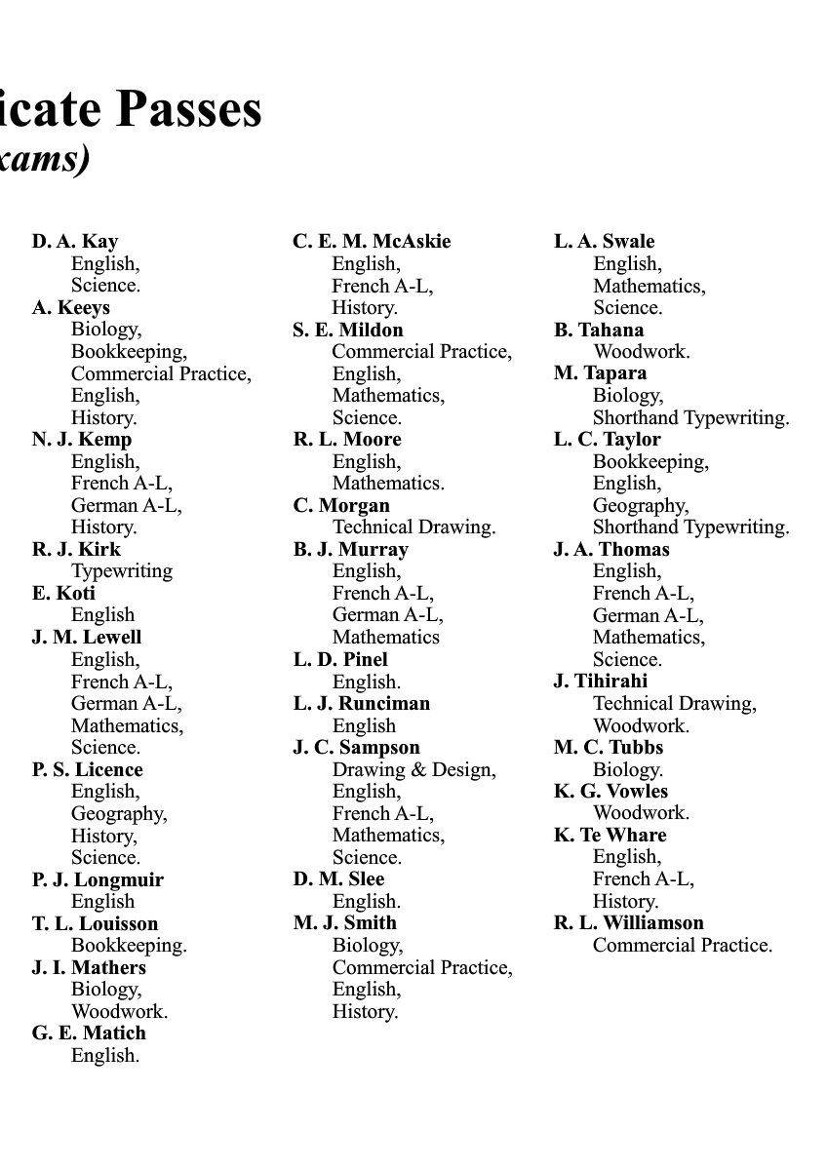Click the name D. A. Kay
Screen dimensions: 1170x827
[x=75, y=242]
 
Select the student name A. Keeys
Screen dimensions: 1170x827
[x=71, y=308]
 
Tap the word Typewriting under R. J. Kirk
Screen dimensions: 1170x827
[x=122, y=571]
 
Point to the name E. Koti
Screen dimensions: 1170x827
[x=63, y=593]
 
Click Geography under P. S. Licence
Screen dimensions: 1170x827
[x=119, y=813]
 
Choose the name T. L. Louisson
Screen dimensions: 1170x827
[x=95, y=923]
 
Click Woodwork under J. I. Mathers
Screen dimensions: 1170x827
[x=119, y=1011]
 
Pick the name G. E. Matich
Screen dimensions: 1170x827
[x=89, y=1033]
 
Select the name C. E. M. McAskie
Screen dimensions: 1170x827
[x=372, y=242]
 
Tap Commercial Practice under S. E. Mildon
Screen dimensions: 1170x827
[x=421, y=352]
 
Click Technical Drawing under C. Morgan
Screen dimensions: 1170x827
[x=413, y=527]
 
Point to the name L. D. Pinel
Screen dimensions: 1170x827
[x=340, y=659]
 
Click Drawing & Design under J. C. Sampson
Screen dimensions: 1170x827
[x=413, y=769]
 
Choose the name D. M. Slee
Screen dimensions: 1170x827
[x=338, y=879]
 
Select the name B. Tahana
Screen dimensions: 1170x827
[x=599, y=330]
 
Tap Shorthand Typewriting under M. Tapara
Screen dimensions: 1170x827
[x=690, y=417]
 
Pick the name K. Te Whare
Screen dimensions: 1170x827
[x=610, y=835]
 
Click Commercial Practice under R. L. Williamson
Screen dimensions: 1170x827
[x=682, y=945]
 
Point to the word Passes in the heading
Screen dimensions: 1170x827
[x=190, y=109]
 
